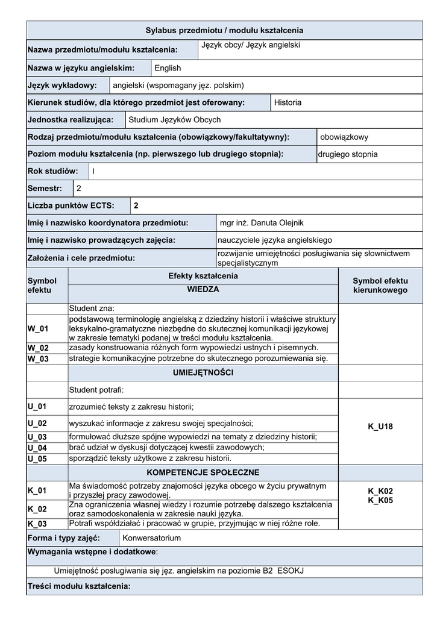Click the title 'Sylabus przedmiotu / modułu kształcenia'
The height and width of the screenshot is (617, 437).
pyautogui.click(x=224, y=30)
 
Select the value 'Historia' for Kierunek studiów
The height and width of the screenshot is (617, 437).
pyautogui.click(x=288, y=102)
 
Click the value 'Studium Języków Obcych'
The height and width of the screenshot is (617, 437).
pyautogui.click(x=175, y=120)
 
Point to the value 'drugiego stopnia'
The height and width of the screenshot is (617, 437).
pyautogui.click(x=348, y=154)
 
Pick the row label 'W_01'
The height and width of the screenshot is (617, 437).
pyautogui.click(x=37, y=329)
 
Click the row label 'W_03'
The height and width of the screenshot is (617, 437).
pyautogui.click(x=37, y=359)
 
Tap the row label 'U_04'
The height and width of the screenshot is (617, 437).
pyautogui.click(x=37, y=448)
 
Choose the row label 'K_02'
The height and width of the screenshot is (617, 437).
pyautogui.click(x=37, y=509)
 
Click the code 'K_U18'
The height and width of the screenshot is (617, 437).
pyautogui.click(x=380, y=427)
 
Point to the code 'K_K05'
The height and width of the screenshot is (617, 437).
pyautogui.click(x=380, y=500)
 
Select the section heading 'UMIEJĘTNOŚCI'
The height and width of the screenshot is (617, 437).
pyautogui.click(x=203, y=374)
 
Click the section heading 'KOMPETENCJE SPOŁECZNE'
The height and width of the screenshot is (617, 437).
pyautogui.click(x=203, y=472)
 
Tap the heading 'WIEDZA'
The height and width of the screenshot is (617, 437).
pyautogui.click(x=203, y=290)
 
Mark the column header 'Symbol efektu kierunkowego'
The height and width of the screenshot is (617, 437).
pyautogui.click(x=380, y=286)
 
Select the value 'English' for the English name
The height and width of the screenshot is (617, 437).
pyautogui.click(x=168, y=68)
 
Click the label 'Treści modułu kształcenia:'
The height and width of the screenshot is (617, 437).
pyautogui.click(x=78, y=586)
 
